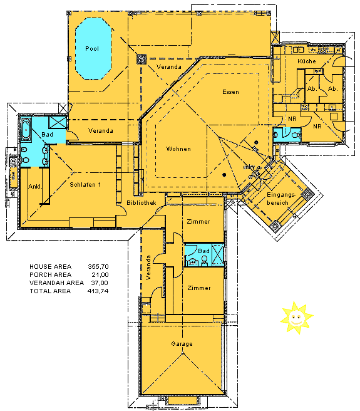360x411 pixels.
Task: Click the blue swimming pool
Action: point(93,48)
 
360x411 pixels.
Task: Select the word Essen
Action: point(230,92)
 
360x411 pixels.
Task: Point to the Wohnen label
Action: point(178,149)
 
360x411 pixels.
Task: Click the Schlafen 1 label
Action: point(85,184)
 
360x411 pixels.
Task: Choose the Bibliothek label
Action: point(141,204)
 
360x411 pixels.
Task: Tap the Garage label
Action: point(182,344)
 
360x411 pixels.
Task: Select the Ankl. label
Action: point(34,187)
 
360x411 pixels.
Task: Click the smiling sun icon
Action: point(296,317)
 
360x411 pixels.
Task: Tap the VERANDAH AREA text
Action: point(56,283)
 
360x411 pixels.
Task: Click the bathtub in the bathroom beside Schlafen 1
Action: point(27,130)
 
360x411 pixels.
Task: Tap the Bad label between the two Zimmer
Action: point(203,251)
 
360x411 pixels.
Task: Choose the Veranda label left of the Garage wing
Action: point(149,268)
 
